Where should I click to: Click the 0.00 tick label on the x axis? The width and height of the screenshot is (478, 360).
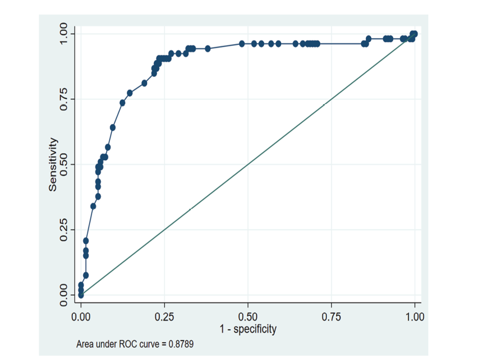point(81,316)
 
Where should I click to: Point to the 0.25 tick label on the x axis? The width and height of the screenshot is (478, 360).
point(164,316)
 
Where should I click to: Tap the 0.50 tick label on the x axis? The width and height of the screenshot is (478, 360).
point(248,316)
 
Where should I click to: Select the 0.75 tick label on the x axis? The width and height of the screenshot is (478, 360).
point(331,316)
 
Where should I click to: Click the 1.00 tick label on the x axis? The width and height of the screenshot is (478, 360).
point(414,316)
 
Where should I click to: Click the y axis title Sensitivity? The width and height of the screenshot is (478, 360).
point(53,164)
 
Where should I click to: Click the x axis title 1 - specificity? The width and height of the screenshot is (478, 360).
point(248,329)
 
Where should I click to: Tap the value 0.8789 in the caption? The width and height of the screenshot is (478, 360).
point(180,343)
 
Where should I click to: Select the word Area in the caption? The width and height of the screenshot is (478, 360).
point(85,343)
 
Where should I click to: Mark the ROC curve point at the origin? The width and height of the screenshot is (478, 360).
point(81,295)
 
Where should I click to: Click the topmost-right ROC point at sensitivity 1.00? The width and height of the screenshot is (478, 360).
point(414,33)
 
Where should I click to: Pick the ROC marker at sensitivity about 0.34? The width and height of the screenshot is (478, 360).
point(93,206)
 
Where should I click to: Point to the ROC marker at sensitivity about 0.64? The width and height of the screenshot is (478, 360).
point(113,127)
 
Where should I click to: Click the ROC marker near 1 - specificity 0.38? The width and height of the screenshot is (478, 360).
point(208,49)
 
